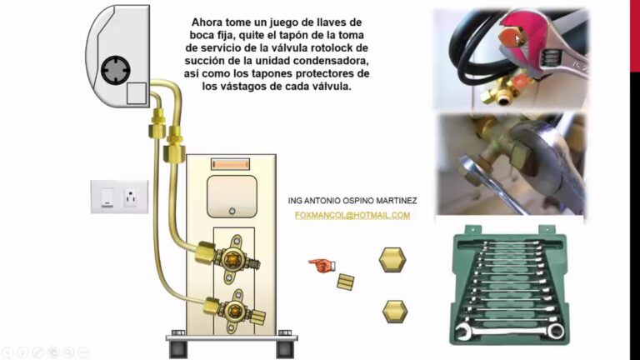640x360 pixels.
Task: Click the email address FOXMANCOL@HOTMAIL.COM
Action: click(352, 215)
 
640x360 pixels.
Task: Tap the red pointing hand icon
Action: click(321, 265)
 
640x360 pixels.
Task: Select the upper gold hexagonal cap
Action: click(392, 259)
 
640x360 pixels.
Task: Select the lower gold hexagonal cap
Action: click(395, 312)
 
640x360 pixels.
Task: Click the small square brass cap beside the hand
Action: click(346, 281)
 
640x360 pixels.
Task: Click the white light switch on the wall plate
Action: click(107, 197)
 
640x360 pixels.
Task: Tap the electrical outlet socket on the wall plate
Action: click(130, 198)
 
